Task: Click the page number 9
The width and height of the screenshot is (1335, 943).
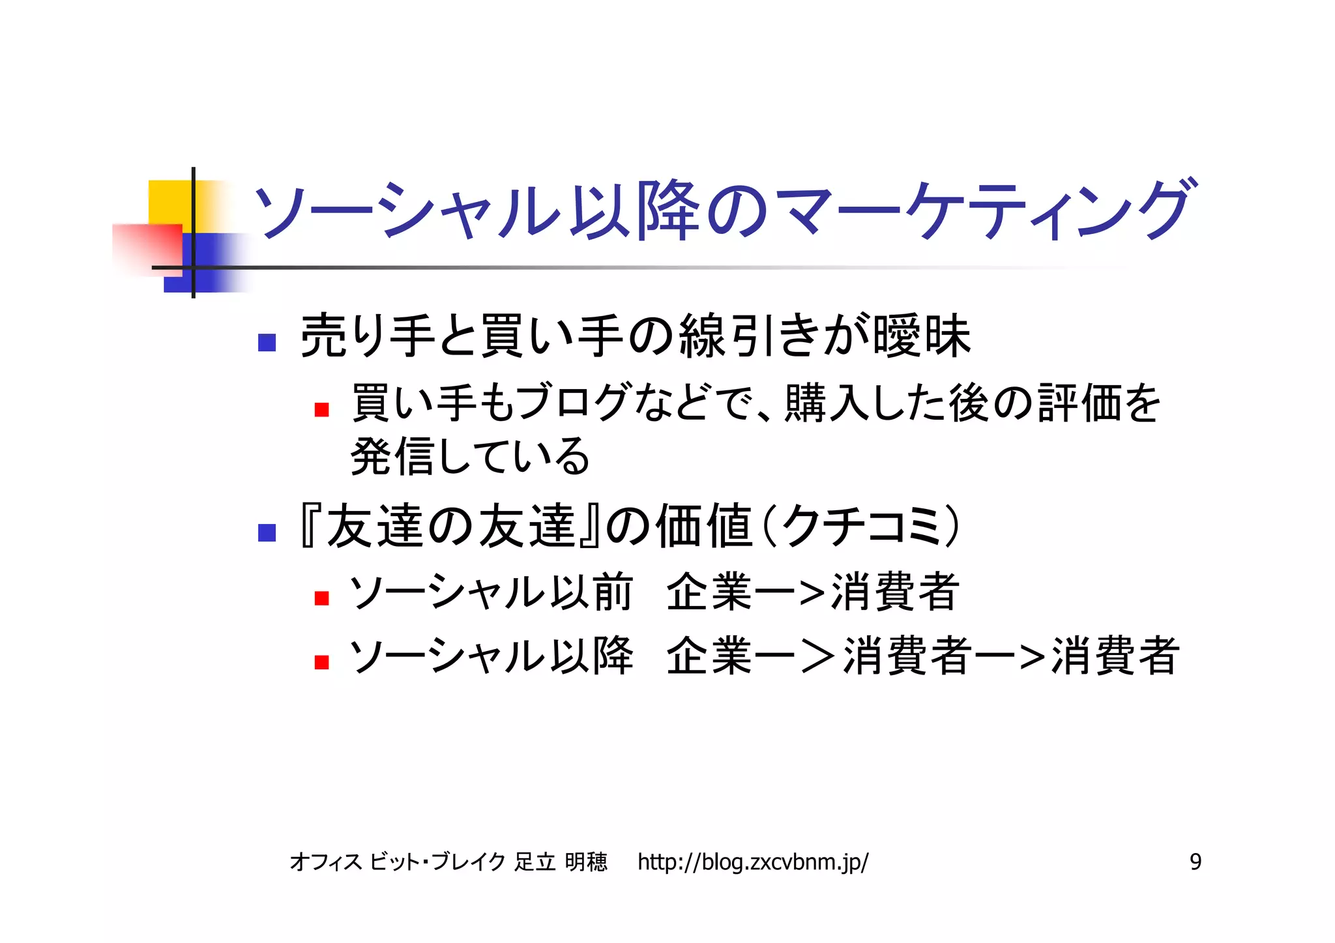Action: (1195, 862)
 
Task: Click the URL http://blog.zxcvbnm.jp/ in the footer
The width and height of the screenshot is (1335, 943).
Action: (752, 862)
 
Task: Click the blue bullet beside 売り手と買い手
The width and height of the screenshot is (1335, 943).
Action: (267, 342)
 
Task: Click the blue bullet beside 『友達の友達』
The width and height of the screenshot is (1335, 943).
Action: (267, 532)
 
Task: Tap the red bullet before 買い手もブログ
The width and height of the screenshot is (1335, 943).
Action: (321, 409)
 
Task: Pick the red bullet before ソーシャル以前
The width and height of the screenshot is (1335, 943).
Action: (321, 598)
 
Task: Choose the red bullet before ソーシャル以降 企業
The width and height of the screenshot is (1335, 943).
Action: (321, 662)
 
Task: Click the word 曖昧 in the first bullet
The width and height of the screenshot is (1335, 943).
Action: (922, 336)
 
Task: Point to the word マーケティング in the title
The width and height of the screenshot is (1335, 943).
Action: (986, 210)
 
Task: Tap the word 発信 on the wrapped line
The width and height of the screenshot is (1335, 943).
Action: (392, 456)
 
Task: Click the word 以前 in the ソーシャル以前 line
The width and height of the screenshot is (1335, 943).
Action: (591, 592)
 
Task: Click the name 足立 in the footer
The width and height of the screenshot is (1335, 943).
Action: (535, 862)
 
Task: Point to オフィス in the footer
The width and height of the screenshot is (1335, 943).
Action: (326, 862)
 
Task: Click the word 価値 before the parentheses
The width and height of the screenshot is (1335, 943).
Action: (703, 527)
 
